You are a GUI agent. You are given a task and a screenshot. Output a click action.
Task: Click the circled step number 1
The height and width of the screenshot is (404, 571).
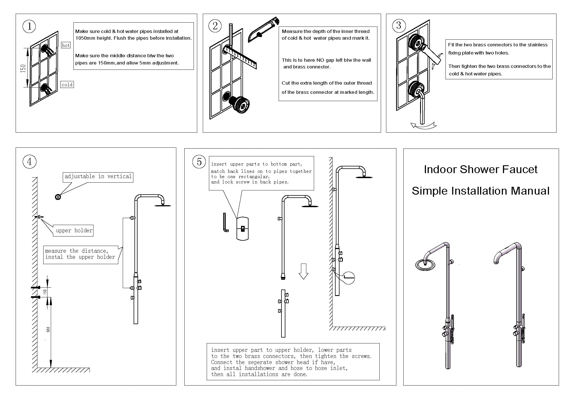click(29, 27)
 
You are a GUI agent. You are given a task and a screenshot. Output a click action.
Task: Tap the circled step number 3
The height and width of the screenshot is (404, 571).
click(399, 25)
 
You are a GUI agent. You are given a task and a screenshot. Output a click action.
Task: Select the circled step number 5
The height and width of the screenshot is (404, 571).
click(199, 162)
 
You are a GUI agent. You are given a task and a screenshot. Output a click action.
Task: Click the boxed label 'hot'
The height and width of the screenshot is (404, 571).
click(66, 45)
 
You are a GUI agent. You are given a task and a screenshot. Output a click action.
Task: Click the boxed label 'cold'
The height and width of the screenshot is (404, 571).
click(67, 85)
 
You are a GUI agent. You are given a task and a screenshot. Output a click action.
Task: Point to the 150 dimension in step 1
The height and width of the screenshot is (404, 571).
click(23, 68)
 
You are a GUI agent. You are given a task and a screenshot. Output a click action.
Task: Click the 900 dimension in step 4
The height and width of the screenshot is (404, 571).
click(48, 329)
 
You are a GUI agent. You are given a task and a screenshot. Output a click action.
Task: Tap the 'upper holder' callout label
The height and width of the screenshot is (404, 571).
click(74, 231)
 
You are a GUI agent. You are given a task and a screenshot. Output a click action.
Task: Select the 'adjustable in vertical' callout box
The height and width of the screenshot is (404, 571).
click(98, 177)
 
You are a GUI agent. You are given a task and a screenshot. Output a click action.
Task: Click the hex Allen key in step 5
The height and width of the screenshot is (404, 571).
click(225, 223)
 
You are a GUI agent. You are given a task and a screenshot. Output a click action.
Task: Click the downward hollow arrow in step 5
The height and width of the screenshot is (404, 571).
click(303, 271)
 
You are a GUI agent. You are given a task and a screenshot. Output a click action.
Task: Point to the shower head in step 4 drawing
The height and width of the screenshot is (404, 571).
click(163, 205)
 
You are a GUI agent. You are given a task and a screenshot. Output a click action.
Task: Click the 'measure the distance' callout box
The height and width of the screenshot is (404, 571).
click(80, 254)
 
